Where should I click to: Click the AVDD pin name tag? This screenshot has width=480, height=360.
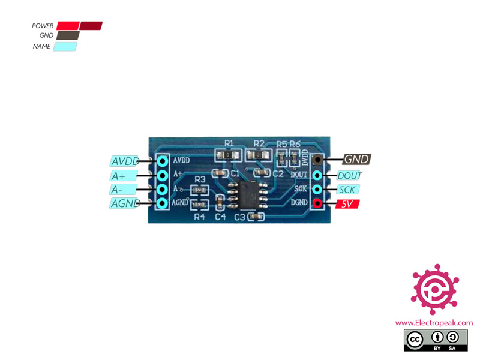pyautogui.click(x=125, y=161)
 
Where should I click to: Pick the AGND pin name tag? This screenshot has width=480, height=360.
pyautogui.click(x=125, y=203)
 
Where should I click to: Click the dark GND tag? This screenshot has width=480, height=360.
pyautogui.click(x=357, y=160)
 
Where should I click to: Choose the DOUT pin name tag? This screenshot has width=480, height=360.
pyautogui.click(x=349, y=176)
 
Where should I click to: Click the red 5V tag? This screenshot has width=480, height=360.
pyautogui.click(x=347, y=204)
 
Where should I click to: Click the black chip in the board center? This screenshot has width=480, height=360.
pyautogui.click(x=245, y=193)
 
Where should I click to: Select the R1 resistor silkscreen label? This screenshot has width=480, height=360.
pyautogui.click(x=229, y=143)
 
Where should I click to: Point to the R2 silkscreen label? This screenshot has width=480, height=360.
pyautogui.click(x=259, y=143)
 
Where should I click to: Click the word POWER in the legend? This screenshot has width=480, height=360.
pyautogui.click(x=43, y=26)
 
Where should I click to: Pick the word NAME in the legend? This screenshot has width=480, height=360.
pyautogui.click(x=42, y=46)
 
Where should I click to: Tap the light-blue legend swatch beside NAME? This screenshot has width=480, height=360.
pyautogui.click(x=65, y=46)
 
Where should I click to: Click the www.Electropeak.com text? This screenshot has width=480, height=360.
pyautogui.click(x=434, y=323)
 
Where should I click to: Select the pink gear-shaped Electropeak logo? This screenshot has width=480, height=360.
pyautogui.click(x=434, y=289)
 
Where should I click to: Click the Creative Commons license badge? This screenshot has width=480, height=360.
pyautogui.click(x=434, y=340)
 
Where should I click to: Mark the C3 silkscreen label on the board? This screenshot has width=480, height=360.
pyautogui.click(x=240, y=216)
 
